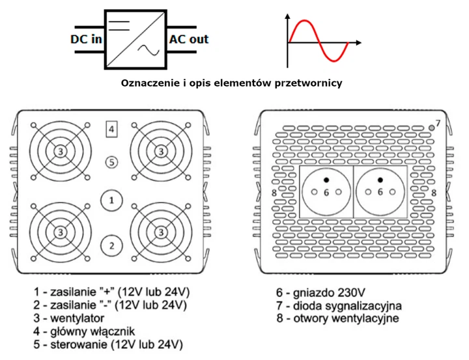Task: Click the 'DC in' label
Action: coord(86,40)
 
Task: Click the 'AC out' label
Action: coord(189,39)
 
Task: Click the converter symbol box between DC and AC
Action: coord(135,40)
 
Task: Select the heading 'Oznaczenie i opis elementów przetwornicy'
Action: coord(232,83)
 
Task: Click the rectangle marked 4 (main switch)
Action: coord(112,130)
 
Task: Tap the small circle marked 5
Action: coord(112,161)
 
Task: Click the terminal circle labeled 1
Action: coord(112,200)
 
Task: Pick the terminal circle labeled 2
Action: coord(112,245)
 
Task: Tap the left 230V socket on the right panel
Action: coord(326,192)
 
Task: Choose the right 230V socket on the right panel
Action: coord(380,192)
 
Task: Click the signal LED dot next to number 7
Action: coord(431,126)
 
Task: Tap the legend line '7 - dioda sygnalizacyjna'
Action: coord(338,305)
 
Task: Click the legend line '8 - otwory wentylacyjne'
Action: coord(337,318)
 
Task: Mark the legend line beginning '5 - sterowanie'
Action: coord(107,344)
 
